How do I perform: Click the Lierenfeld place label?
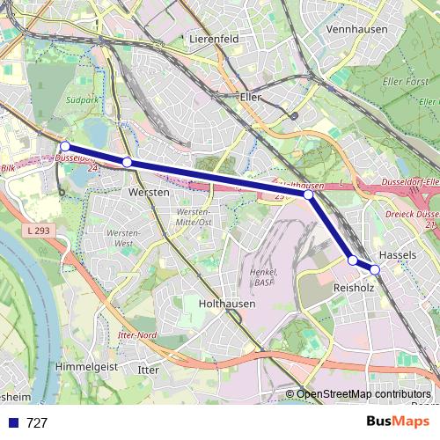click(213, 40)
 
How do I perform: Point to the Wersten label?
click(149, 191)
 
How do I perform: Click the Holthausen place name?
click(226, 303)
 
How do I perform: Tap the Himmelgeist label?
click(87, 364)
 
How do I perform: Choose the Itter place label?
click(149, 370)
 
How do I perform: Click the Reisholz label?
click(355, 288)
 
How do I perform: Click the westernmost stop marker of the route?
click(64, 146)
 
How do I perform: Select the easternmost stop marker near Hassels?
click(375, 269)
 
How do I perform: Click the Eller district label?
click(251, 99)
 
